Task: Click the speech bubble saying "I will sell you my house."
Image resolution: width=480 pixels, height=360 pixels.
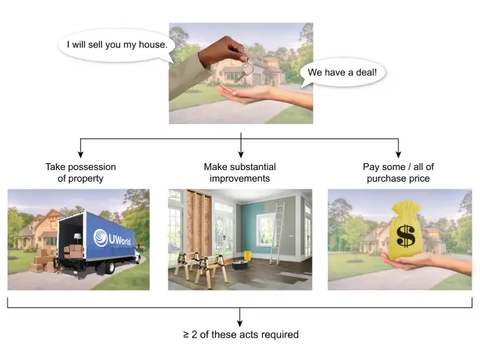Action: tap(117, 46)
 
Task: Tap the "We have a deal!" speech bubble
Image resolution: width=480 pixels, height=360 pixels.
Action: tap(342, 72)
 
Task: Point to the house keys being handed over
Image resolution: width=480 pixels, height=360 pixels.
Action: tap(244, 68)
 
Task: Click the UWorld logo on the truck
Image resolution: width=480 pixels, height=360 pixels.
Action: tap(112, 237)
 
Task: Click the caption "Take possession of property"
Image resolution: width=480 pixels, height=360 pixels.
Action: tap(81, 173)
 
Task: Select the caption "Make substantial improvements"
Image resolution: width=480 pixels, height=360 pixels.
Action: tap(241, 173)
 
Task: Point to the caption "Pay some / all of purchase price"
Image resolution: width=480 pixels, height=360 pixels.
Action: tap(398, 173)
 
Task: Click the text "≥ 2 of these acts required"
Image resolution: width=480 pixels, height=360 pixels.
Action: tap(241, 335)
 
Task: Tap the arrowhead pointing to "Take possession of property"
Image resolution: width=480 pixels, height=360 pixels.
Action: tap(81, 154)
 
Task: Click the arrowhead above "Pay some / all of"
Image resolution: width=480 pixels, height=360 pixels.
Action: tap(398, 154)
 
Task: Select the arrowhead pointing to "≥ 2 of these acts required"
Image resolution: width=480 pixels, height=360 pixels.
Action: tap(241, 322)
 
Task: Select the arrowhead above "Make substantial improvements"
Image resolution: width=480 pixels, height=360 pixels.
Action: tap(241, 154)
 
